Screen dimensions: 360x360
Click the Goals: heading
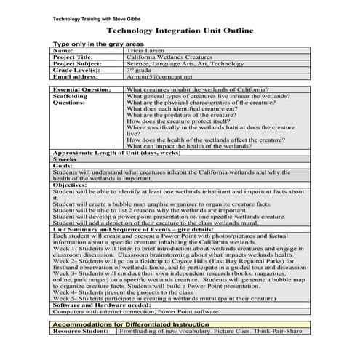point(63,165)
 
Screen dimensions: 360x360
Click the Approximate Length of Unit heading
point(116,153)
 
